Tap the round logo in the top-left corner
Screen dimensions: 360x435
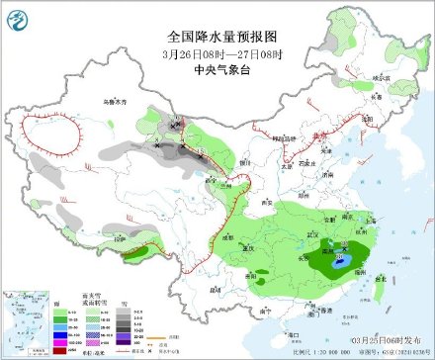18,16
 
